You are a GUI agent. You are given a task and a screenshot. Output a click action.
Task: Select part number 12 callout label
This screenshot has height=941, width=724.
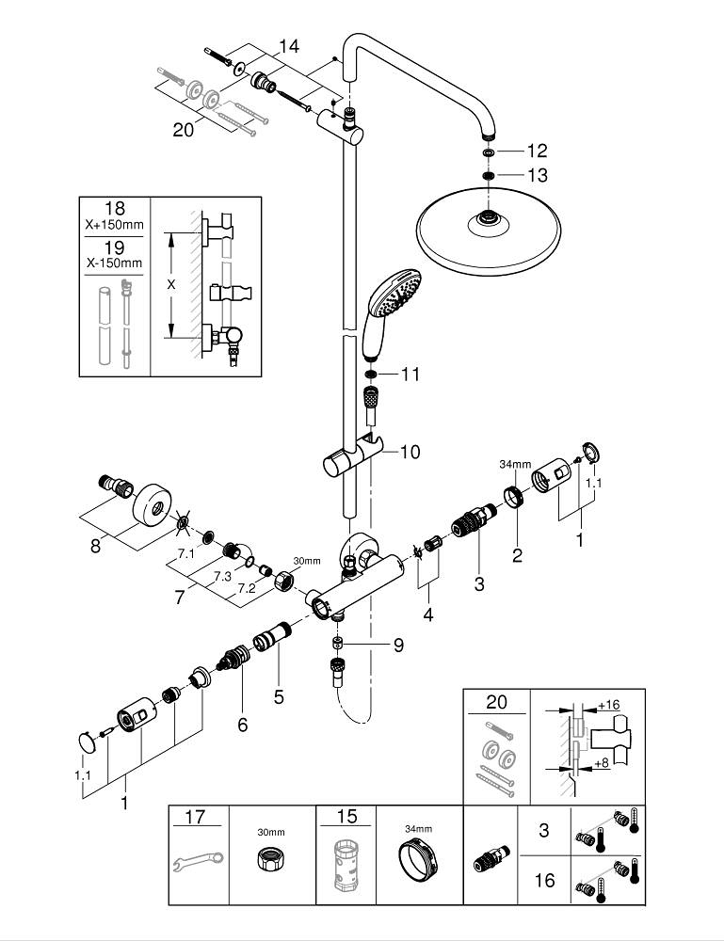[537, 151]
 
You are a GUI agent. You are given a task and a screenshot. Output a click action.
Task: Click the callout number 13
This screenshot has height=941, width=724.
[537, 175]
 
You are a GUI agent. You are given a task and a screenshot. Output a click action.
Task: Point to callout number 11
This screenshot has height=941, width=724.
[410, 375]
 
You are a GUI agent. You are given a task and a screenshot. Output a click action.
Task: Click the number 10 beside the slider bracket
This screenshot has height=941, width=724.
[410, 453]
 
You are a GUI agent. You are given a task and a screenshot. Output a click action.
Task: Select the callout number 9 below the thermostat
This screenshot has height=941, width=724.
[397, 646]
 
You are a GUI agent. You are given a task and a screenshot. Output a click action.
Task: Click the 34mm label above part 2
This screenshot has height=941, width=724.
[517, 464]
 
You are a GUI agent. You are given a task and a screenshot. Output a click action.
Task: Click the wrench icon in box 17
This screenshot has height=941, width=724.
[197, 858]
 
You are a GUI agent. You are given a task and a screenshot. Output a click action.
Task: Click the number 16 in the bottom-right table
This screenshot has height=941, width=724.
[543, 881]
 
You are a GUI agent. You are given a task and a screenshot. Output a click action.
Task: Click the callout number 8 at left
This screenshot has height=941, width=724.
[94, 545]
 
